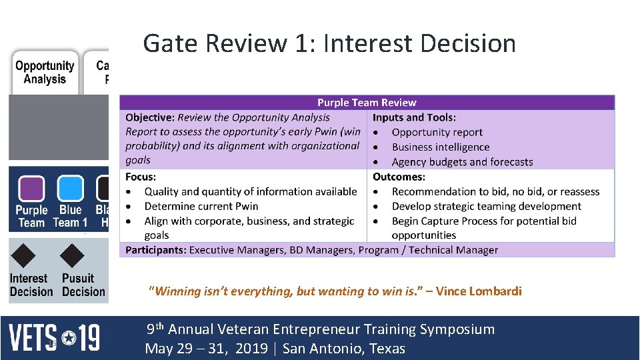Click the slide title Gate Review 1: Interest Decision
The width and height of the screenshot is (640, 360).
click(x=329, y=43)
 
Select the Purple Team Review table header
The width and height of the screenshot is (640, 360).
click(x=367, y=103)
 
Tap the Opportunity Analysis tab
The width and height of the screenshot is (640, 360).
click(x=45, y=72)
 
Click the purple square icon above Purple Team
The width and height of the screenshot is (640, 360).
click(x=31, y=188)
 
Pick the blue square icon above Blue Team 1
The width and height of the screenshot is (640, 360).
click(x=70, y=188)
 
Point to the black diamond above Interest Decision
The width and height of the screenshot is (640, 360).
click(x=25, y=255)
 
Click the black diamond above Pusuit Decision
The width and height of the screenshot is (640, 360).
click(x=72, y=255)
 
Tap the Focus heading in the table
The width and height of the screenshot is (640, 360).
click(x=141, y=177)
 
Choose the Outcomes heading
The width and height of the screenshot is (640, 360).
click(x=399, y=177)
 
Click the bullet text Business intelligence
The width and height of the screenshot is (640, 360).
click(x=441, y=147)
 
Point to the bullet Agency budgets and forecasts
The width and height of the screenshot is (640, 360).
click(x=462, y=162)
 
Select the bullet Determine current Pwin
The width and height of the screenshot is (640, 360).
click(x=201, y=206)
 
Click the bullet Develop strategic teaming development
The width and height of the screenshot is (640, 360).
click(x=486, y=206)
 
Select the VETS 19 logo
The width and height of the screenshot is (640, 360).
click(x=54, y=337)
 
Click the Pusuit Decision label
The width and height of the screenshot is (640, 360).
click(x=83, y=285)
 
